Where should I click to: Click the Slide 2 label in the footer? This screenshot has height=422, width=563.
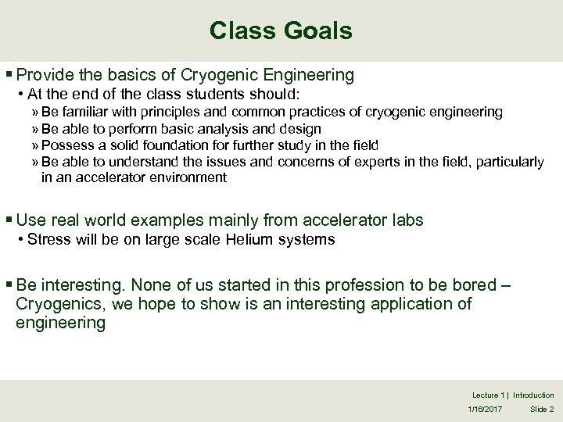(x=541, y=409)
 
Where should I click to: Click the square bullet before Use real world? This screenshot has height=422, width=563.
(x=9, y=221)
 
